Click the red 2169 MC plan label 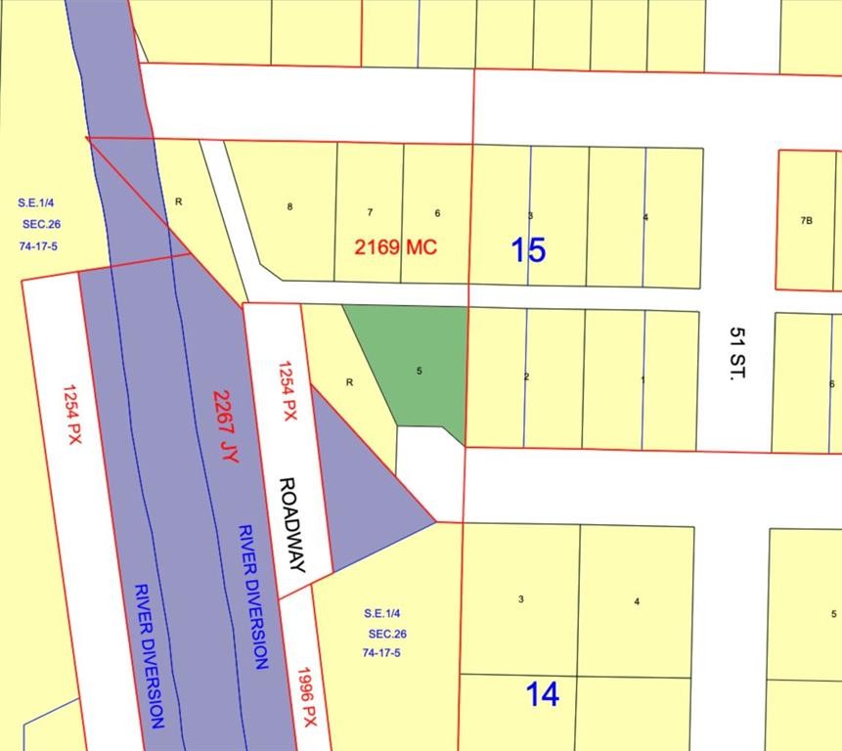pyautogui.click(x=395, y=247)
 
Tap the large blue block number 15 pyautogui.click(x=528, y=250)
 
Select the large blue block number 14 pyautogui.click(x=543, y=694)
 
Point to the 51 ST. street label pyautogui.click(x=736, y=352)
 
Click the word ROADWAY pyautogui.click(x=291, y=524)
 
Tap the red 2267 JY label pyautogui.click(x=225, y=426)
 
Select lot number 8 pyautogui.click(x=290, y=206)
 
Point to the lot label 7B pyautogui.click(x=806, y=221)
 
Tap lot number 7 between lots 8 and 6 pyautogui.click(x=370, y=212)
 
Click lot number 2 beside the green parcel pyautogui.click(x=526, y=376)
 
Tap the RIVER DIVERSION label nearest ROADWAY pyautogui.click(x=251, y=596)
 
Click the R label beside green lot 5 pyautogui.click(x=349, y=382)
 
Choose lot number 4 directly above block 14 pyautogui.click(x=637, y=601)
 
